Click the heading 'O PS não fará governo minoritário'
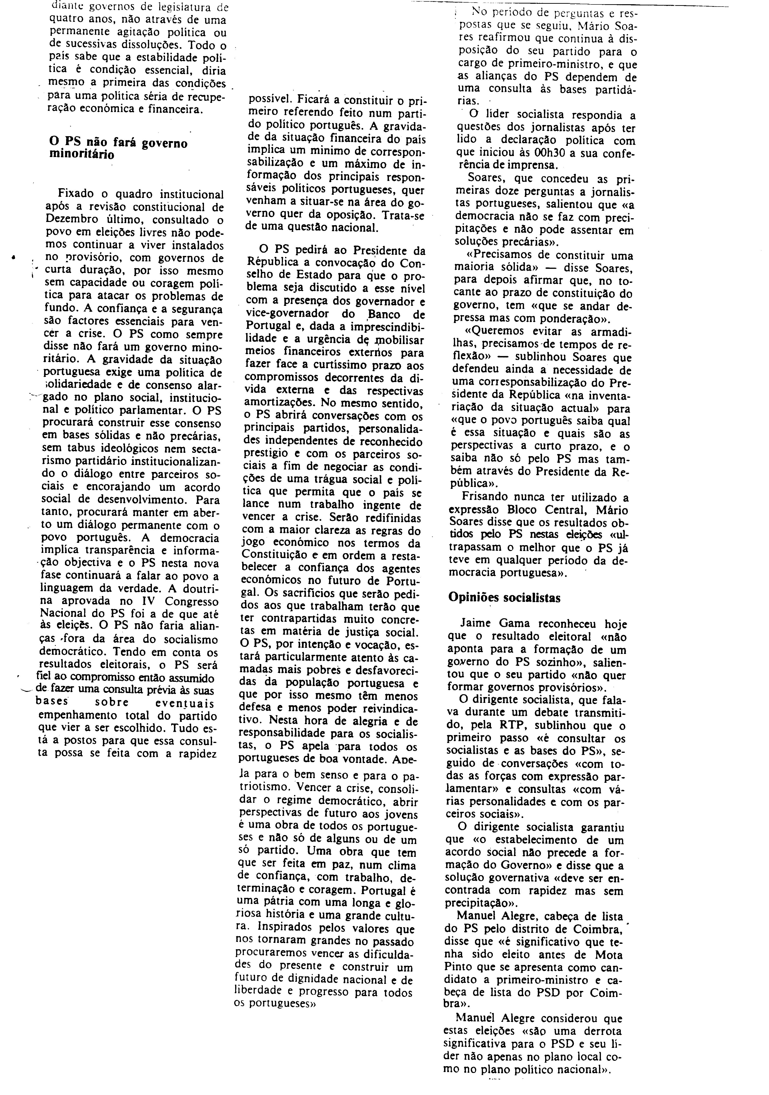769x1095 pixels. [118, 148]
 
